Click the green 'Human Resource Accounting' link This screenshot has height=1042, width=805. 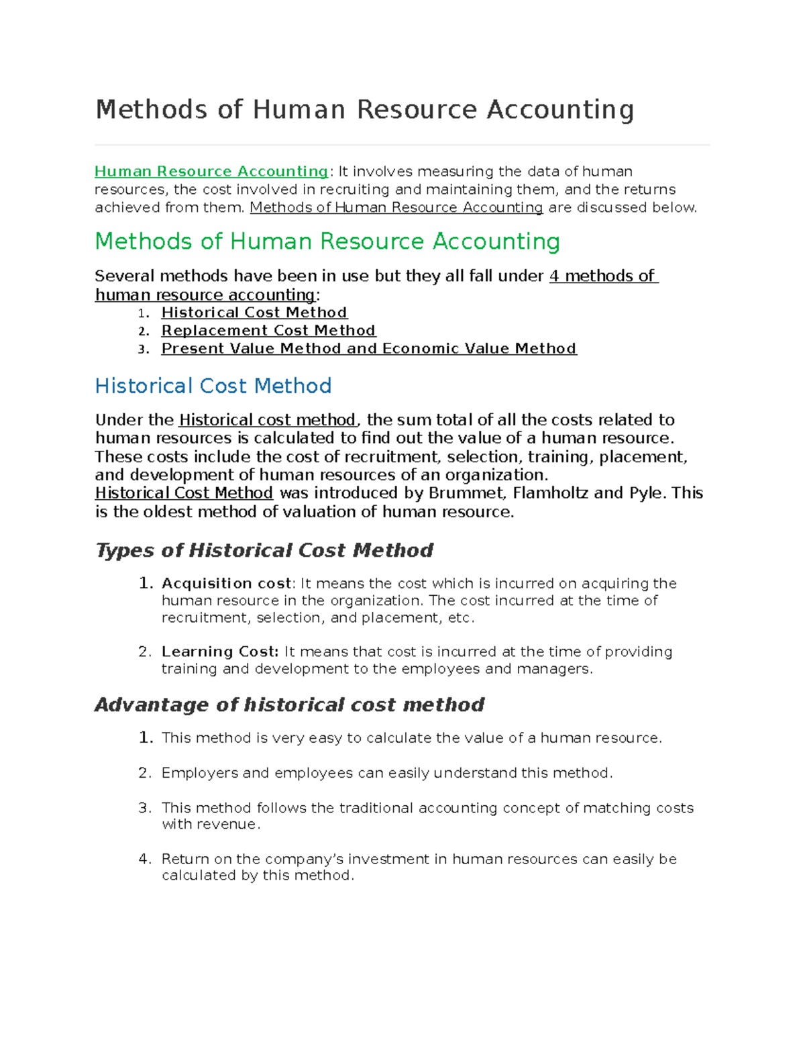[x=211, y=172]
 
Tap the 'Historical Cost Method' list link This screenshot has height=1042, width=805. [x=254, y=313]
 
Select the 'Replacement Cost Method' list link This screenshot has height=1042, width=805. [x=268, y=331]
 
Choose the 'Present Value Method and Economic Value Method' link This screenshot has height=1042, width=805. [x=369, y=349]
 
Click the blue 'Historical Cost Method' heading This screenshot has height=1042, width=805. [x=213, y=386]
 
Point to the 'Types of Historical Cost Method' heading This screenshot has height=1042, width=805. [x=264, y=550]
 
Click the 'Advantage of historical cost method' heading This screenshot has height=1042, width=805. [x=289, y=705]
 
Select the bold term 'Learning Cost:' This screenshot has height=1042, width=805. [x=219, y=652]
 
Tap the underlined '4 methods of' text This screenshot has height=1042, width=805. [x=603, y=276]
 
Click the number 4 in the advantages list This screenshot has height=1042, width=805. [x=144, y=859]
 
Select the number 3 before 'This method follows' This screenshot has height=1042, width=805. [x=144, y=809]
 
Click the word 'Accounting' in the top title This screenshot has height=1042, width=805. [x=560, y=110]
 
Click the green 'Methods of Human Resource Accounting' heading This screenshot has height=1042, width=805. [x=327, y=242]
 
